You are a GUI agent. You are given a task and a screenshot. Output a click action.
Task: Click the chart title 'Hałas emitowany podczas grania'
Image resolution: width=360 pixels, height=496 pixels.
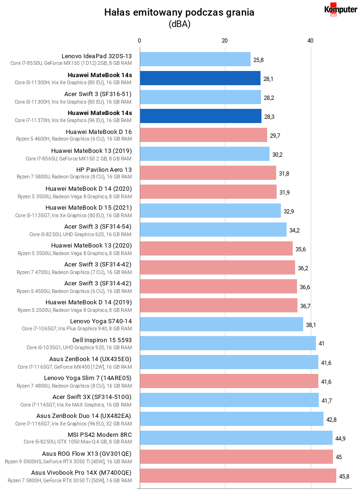pos(179,12)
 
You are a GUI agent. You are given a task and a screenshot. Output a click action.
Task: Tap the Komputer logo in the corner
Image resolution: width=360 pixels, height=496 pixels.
pos(341,9)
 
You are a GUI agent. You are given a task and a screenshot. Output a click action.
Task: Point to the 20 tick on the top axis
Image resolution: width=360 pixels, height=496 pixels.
pos(225,41)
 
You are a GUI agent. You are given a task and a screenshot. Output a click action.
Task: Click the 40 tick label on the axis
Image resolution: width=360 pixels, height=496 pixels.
pos(310,41)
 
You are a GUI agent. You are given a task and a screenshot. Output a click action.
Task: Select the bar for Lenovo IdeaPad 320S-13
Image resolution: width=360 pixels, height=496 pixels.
pos(195,59)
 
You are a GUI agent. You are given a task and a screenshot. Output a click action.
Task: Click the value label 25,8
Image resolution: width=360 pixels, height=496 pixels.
pos(258,60)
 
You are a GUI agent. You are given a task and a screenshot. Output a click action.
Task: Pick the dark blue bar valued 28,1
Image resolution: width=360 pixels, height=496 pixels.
pos(200,78)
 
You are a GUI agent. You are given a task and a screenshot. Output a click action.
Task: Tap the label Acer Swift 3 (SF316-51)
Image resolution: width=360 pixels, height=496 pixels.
pos(98,94)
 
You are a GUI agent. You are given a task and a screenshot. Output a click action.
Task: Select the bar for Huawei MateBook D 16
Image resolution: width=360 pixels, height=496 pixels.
pos(204,135)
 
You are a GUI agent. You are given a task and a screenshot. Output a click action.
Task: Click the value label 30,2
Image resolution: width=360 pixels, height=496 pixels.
pos(278,155)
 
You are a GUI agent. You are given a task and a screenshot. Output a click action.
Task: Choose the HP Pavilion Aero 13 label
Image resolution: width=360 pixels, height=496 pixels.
pos(104,170)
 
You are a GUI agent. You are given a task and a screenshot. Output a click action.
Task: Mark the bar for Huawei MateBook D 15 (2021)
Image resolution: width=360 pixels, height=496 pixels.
pos(210,211)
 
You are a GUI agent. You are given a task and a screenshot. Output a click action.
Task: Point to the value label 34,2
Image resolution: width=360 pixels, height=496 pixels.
pos(295,230)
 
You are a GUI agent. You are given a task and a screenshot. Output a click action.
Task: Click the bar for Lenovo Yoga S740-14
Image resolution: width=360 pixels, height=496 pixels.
pos(221,324)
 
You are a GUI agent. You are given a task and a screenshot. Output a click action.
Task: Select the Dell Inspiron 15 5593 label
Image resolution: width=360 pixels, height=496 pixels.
pos(102,340)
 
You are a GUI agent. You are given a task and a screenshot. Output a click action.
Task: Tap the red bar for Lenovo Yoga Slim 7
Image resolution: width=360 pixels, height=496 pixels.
pos(229,381)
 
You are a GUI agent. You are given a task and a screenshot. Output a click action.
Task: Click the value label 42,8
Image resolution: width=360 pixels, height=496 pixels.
pos(332,420)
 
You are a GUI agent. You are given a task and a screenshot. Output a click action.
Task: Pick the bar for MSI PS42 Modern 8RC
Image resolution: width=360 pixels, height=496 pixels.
pos(236,438)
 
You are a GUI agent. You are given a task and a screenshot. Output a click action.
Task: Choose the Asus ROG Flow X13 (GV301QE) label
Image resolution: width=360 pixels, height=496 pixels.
pos(87,453)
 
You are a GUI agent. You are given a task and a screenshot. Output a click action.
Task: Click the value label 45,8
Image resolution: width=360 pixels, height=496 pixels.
pos(344,477)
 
